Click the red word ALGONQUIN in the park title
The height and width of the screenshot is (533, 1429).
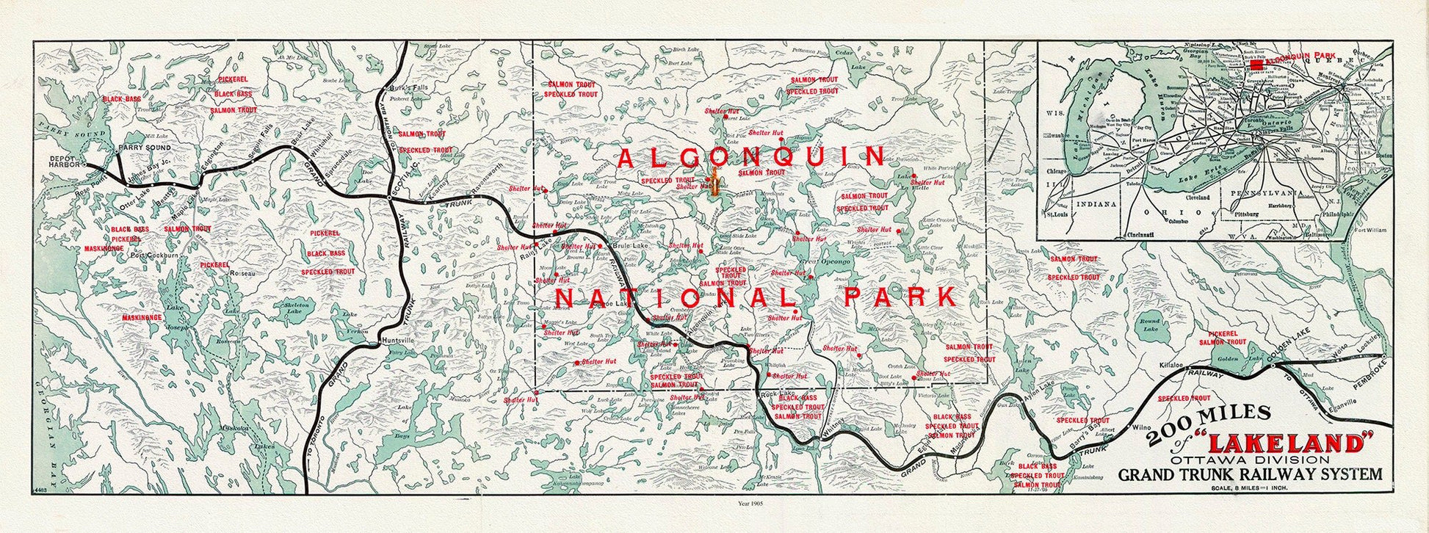coord(752,156)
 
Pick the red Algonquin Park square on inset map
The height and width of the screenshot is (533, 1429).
coord(1257,65)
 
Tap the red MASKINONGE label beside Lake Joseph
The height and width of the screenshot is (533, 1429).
coord(142,318)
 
